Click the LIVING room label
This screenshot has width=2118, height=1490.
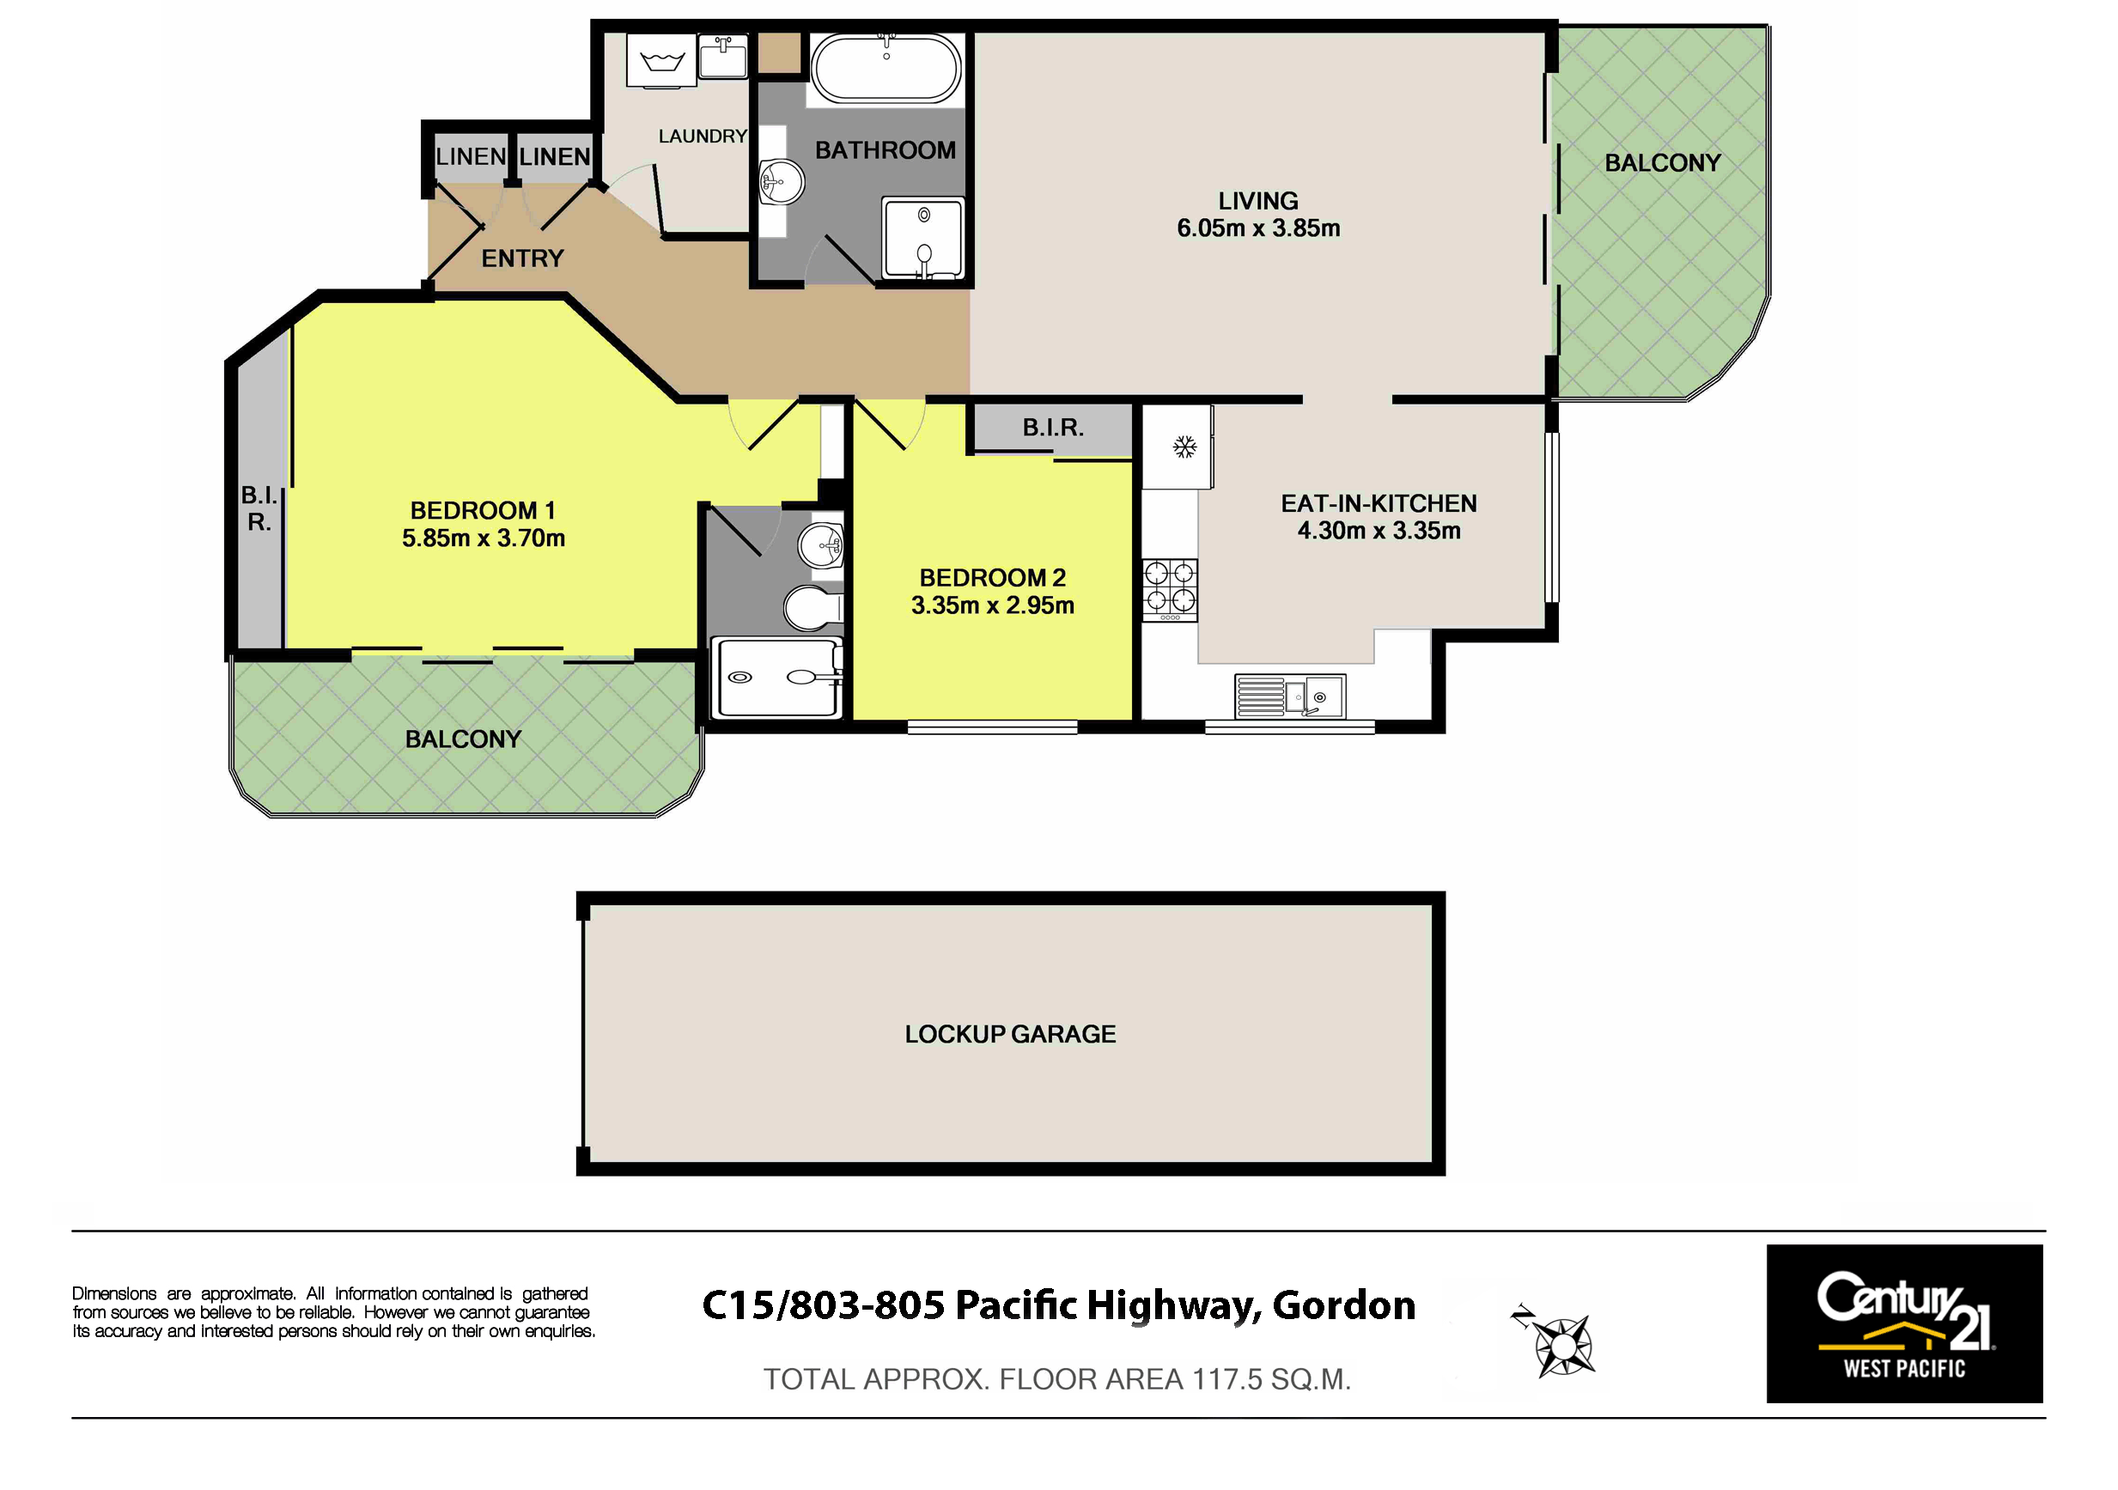tap(1257, 201)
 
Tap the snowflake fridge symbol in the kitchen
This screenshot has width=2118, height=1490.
tap(1184, 447)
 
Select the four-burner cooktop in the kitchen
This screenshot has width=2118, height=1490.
tap(1170, 589)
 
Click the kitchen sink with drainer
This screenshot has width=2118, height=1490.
tap(1290, 696)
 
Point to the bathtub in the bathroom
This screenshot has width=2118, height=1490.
tap(886, 68)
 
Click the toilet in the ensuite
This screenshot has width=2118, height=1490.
tap(813, 607)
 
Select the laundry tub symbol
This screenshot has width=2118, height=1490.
tap(661, 62)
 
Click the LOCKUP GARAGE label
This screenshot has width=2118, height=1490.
tap(1010, 1034)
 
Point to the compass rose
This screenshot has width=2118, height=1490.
tap(1561, 1345)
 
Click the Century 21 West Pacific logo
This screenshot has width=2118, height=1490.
tap(1904, 1324)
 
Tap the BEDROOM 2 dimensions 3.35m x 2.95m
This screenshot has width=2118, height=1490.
tap(993, 605)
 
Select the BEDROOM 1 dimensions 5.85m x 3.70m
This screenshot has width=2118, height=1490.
tap(484, 538)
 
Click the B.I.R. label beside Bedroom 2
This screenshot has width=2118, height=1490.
tap(1052, 427)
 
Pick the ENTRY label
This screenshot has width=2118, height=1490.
tap(522, 258)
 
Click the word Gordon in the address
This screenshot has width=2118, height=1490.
tap(1344, 1305)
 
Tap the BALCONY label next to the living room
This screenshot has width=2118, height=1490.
tap(1662, 163)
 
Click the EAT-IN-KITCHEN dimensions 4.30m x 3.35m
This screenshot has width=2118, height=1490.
tap(1379, 531)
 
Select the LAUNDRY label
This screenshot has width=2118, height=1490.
tap(703, 137)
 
